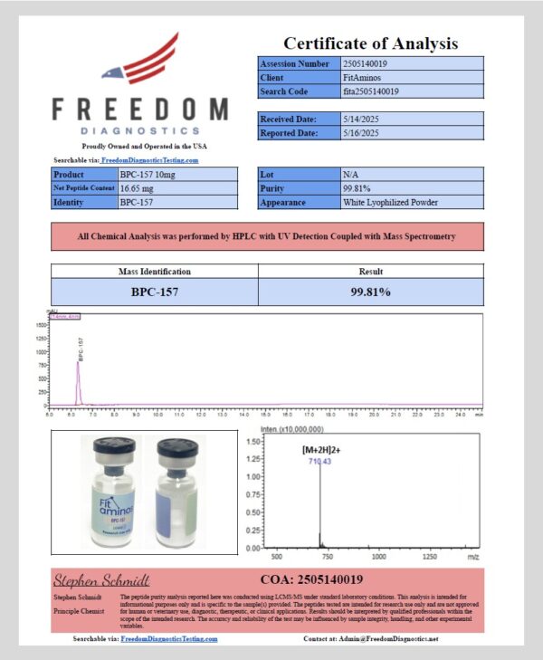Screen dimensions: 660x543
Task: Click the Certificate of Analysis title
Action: coord(370,43)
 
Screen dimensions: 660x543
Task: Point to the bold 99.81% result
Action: coord(370,292)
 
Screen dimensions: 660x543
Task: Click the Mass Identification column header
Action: coord(155,271)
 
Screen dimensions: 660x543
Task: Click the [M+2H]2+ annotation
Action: coord(323,450)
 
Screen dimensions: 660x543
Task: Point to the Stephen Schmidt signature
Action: coord(101,580)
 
